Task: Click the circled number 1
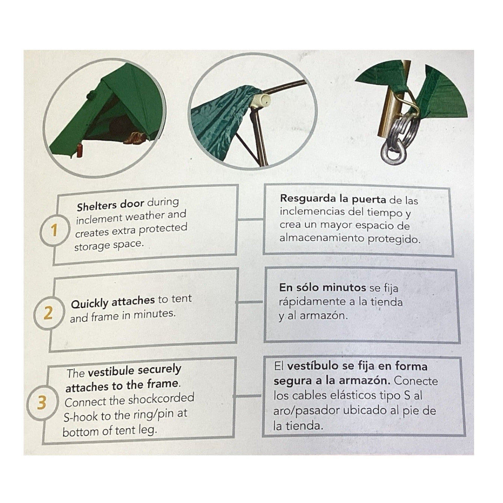tap(54, 231)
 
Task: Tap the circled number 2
tap(48, 314)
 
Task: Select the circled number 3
tap(42, 403)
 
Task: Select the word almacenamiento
tap(322, 238)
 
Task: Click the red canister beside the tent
tap(80, 151)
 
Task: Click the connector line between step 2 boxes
tap(249, 302)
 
